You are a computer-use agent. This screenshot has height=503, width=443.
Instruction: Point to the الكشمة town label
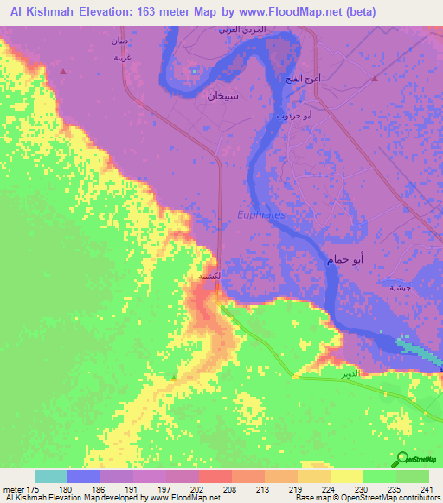(x=212, y=277)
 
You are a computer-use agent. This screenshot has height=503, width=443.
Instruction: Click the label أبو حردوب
(x=306, y=114)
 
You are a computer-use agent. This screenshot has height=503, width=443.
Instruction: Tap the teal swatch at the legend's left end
(x=50, y=476)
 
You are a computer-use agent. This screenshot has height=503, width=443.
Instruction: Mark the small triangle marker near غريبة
(x=63, y=69)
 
